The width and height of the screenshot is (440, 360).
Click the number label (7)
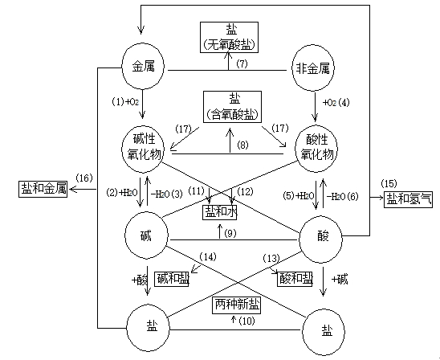tap(242, 64)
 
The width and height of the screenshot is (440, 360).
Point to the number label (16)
tap(84, 178)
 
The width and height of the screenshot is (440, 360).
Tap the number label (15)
tap(389, 184)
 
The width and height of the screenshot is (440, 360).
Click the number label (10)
tap(246, 321)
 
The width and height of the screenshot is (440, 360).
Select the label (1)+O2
tap(125, 102)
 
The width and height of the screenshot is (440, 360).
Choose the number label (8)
tap(242, 145)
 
